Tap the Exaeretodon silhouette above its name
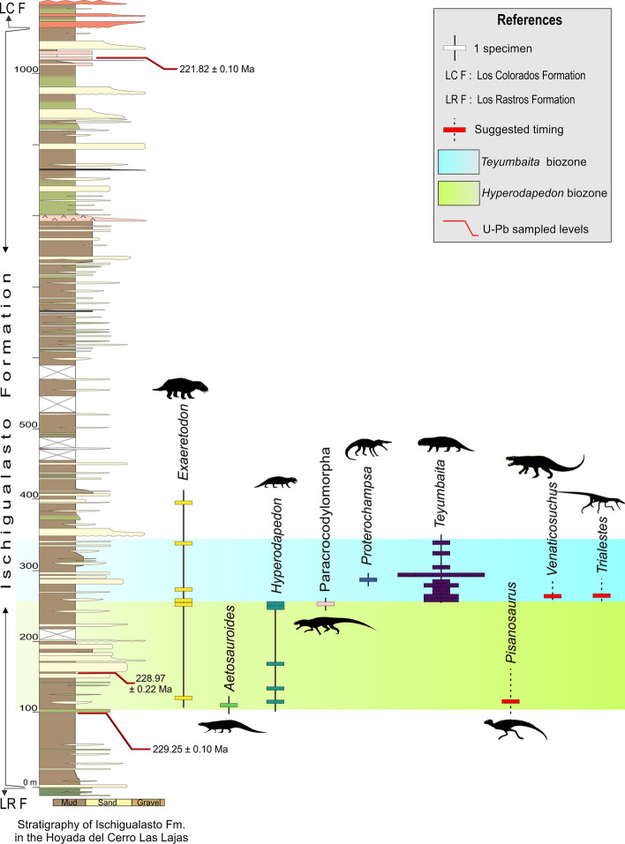(x=183, y=387)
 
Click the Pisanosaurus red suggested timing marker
(x=510, y=701)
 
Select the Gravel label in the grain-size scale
(x=147, y=803)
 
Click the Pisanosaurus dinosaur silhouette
(x=514, y=729)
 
